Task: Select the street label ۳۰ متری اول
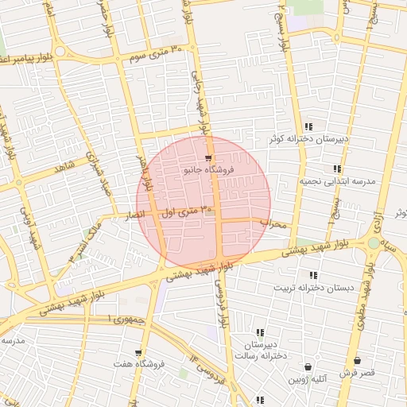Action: point(188,212)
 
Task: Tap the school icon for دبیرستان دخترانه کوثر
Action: point(308,126)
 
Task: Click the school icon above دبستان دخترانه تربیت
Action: point(313,275)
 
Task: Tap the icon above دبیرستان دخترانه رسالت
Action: point(260,332)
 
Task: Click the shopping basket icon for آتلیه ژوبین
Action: point(308,367)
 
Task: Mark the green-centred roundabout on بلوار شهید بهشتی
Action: point(374,242)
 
